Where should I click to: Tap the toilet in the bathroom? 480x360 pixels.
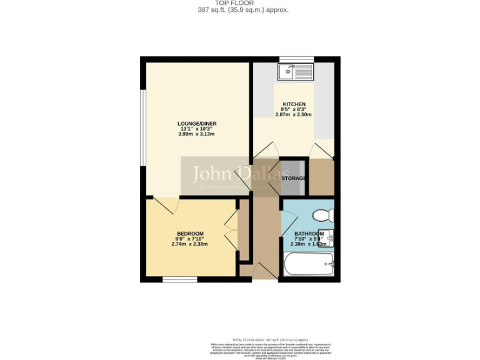[x=323, y=216]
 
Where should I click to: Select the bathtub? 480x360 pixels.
[x=309, y=264]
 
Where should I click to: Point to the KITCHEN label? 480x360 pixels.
[x=294, y=104]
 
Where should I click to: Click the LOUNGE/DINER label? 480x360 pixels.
[x=197, y=124]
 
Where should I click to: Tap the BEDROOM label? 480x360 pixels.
[x=189, y=234]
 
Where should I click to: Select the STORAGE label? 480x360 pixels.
[x=294, y=179]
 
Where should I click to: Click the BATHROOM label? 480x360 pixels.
[x=309, y=234]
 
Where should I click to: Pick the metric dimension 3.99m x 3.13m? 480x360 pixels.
[x=197, y=135]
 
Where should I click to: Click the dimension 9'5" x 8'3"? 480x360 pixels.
[x=294, y=109]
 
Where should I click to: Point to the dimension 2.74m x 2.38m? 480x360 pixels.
[x=189, y=244]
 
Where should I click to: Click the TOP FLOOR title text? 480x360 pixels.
[x=243, y=3]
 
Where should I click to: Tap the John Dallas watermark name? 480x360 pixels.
[x=241, y=174]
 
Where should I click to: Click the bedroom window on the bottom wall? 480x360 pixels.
[x=180, y=279]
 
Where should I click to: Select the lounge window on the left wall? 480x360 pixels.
[x=142, y=129]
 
